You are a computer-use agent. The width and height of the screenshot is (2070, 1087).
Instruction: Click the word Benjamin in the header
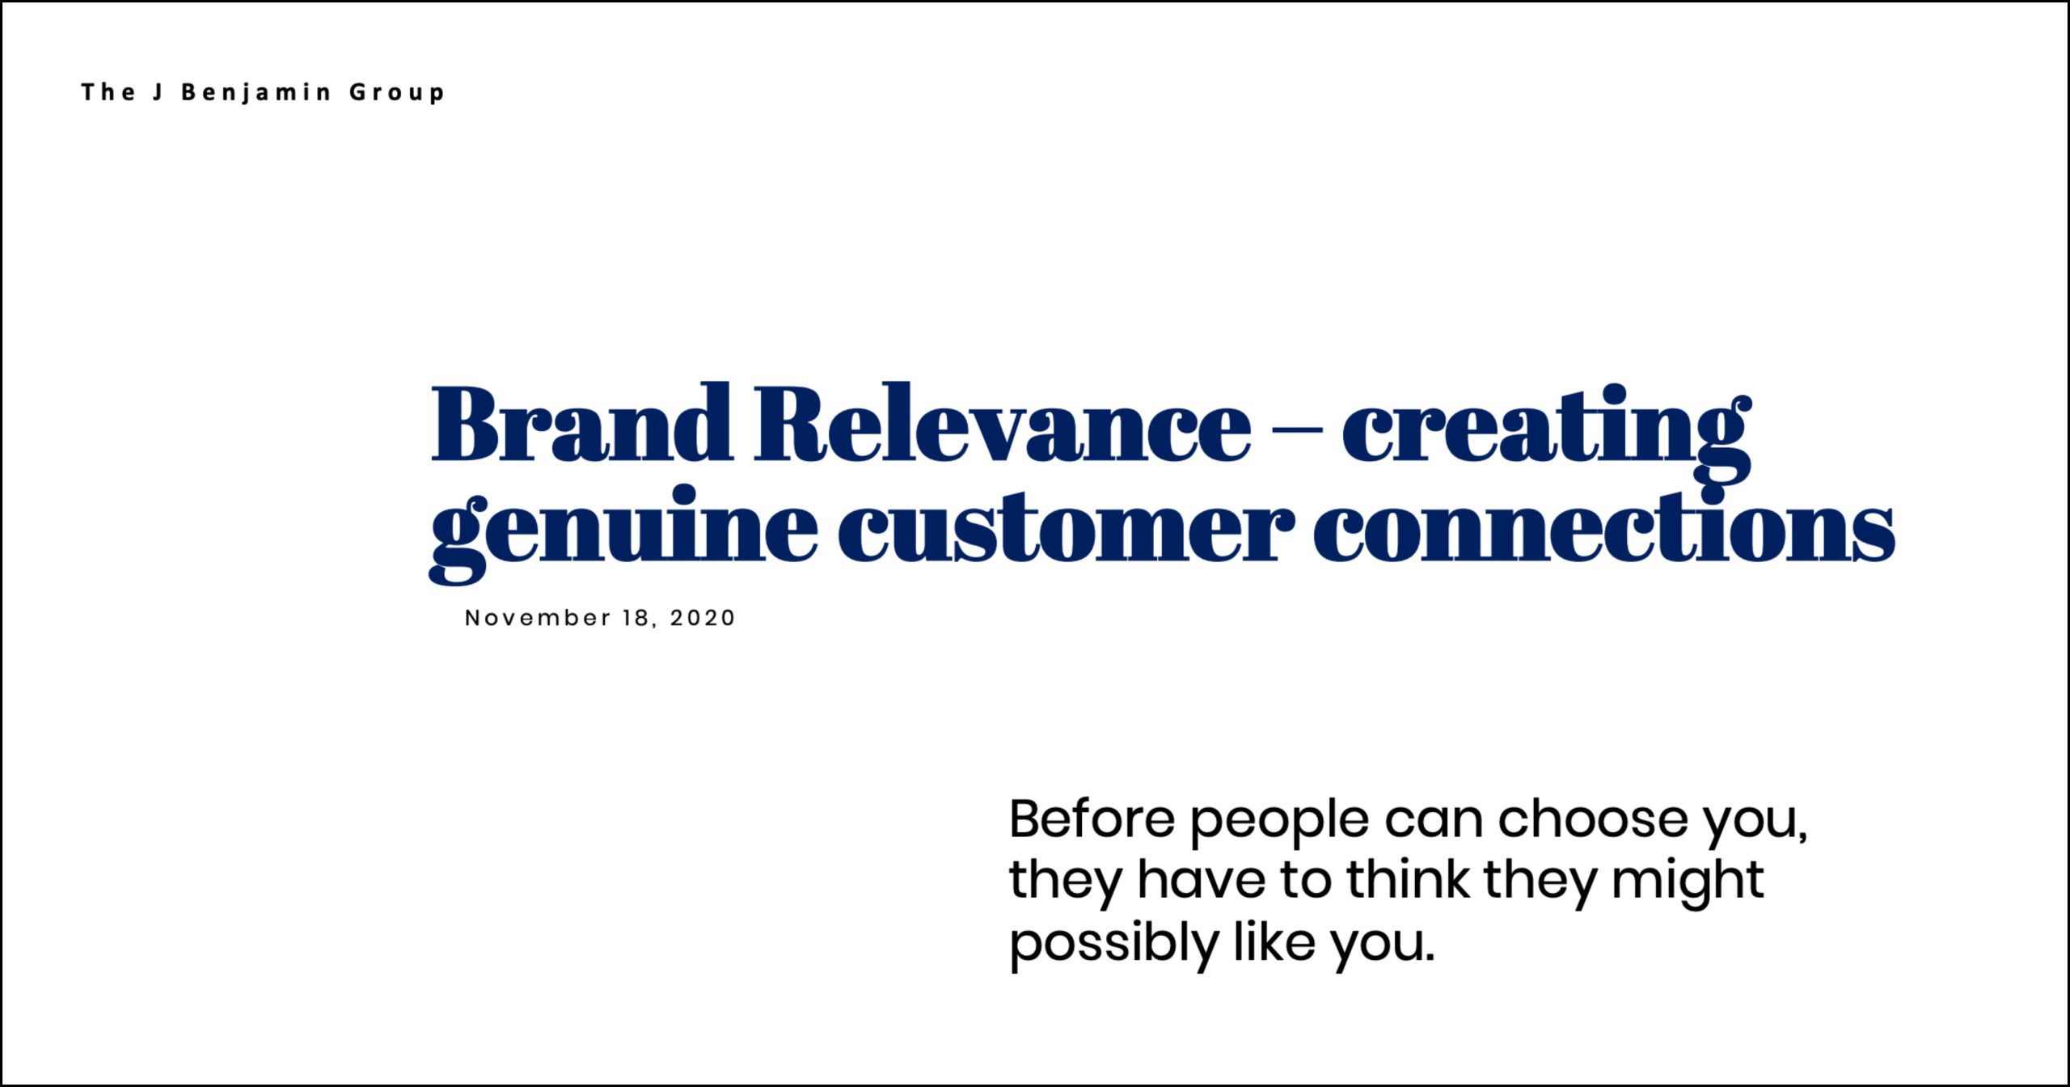coord(256,93)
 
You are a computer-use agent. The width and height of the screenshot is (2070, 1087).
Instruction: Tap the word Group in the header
coord(397,93)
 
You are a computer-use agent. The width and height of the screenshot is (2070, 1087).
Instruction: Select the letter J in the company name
coord(158,92)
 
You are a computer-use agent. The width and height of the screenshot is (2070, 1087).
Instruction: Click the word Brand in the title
coord(582,422)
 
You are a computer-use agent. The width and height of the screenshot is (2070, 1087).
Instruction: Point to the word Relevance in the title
coord(1003,423)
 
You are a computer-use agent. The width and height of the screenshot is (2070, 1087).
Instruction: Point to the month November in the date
coord(538,618)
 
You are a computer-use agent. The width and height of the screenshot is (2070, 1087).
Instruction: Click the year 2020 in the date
coord(703,618)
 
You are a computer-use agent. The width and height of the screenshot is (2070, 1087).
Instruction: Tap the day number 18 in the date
coord(636,618)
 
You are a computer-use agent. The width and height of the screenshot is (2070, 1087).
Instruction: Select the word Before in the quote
coord(1092,818)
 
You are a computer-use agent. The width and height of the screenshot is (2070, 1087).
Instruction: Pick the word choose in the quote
coord(1593,818)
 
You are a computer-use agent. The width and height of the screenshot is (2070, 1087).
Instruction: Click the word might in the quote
coord(1688,885)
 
